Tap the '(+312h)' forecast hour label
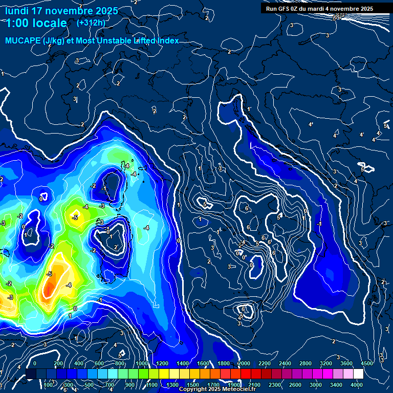tap(91, 23)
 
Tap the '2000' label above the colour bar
tap(244, 363)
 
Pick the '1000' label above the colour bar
tap(140, 363)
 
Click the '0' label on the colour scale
tap(35, 363)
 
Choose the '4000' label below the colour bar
tap(357, 384)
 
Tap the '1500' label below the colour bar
tap(192, 384)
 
